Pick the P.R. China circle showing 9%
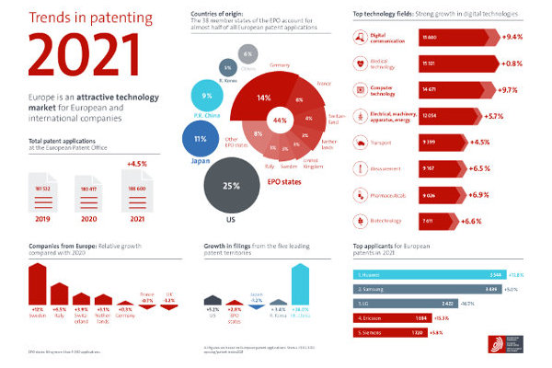208,96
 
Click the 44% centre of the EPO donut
280,121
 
